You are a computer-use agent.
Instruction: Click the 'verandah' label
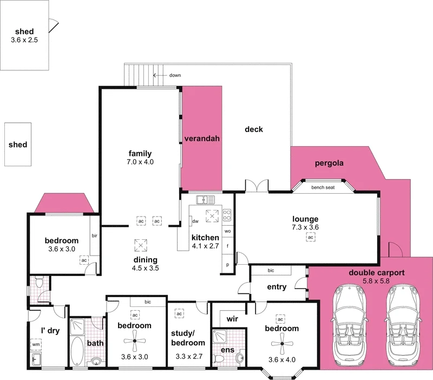[201, 139]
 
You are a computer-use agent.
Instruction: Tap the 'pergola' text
[330, 162]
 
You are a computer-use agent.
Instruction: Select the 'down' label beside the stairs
[174, 75]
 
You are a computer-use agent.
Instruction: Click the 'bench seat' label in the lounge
[323, 188]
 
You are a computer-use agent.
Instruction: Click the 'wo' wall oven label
[227, 231]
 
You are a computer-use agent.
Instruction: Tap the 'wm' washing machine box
[36, 344]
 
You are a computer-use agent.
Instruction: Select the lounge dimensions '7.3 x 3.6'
[305, 227]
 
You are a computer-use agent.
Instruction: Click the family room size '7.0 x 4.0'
[140, 161]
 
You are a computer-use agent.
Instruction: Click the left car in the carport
[349, 323]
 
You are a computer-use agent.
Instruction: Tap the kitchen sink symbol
[206, 199]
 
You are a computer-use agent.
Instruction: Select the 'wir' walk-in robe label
[233, 319]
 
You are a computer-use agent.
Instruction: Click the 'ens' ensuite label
[228, 350]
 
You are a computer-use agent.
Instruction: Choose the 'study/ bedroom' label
[188, 338]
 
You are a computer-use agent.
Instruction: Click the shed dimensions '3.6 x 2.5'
[24, 40]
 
